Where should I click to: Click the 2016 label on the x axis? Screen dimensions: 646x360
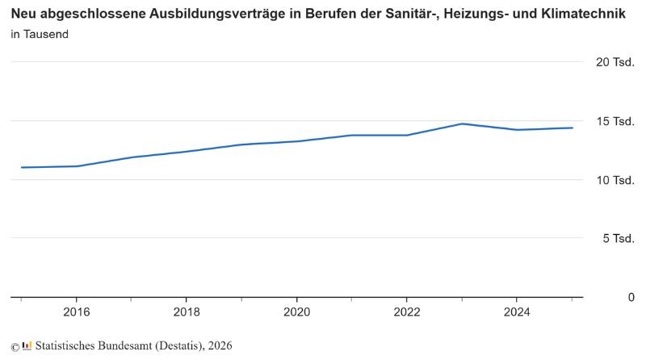76,312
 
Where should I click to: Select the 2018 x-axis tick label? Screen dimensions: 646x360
187,312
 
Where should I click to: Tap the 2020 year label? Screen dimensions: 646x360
296,312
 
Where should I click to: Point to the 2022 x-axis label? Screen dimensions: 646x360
407,312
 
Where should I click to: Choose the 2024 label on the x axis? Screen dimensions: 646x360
517,312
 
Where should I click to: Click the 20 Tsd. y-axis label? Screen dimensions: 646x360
615,62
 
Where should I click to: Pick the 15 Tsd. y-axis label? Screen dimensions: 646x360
615,122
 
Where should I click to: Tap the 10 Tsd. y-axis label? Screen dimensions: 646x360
615,181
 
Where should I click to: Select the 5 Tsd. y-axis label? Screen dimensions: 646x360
619,238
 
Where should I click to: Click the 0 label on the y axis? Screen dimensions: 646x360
631,297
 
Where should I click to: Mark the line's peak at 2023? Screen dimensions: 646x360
462,123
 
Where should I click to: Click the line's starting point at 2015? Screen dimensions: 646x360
22,167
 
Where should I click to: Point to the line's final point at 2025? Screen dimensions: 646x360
572,128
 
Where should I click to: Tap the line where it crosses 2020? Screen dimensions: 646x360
296,141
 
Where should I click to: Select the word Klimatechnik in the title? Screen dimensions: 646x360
583,14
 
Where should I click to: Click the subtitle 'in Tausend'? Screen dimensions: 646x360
40,34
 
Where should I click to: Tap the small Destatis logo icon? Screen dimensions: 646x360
27,345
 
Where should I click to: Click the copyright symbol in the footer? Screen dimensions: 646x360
15,347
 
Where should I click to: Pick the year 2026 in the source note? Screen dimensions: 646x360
220,345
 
